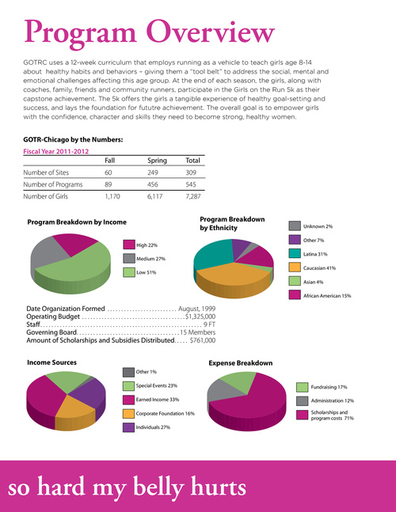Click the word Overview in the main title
coord(210,32)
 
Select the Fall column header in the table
coord(110,161)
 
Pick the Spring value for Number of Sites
coord(153,173)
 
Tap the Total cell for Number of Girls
coord(193,196)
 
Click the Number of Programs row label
coord(52,184)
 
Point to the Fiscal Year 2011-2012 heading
coord(56,151)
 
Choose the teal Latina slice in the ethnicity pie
coord(212,253)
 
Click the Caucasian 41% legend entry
coord(312,267)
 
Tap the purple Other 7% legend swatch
coord(295,240)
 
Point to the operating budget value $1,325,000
coord(200,317)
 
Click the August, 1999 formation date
coord(196,309)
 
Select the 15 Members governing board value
coord(198,332)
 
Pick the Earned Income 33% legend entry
coord(151,400)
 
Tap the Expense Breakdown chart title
coord(241,362)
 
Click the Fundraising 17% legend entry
coord(322,387)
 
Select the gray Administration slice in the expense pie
coord(224,390)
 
